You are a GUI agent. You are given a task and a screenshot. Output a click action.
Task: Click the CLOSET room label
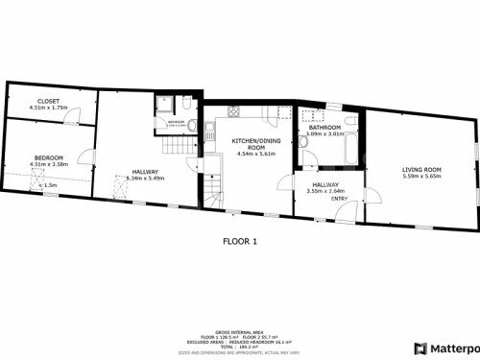coord(47,100)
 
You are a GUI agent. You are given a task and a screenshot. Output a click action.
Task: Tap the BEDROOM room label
coord(49,157)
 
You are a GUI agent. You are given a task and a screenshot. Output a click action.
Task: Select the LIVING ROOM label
coord(420,169)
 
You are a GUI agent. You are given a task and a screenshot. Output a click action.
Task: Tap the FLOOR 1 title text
coord(240,240)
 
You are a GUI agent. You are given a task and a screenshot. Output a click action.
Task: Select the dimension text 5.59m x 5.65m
coord(420,177)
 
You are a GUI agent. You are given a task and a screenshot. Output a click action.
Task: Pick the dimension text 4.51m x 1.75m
coord(47,108)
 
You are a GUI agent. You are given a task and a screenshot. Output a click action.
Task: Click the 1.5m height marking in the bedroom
coord(50,184)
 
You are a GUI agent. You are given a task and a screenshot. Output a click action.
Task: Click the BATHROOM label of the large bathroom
coord(325,127)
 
